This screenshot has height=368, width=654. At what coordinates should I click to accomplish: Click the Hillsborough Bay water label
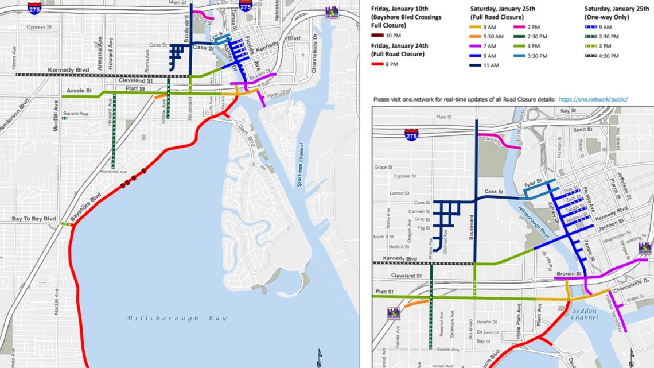click(177, 318)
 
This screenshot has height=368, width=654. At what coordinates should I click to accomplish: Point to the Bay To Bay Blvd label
click(34, 219)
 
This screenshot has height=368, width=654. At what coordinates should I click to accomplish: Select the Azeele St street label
click(79, 91)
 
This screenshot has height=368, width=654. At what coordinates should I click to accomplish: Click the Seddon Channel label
click(585, 314)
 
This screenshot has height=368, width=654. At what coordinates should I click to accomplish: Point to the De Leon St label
click(488, 332)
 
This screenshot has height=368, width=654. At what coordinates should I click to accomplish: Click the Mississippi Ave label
click(112, 172)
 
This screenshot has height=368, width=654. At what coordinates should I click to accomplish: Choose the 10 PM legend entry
click(393, 36)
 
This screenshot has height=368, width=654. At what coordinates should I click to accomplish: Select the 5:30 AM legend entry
click(493, 36)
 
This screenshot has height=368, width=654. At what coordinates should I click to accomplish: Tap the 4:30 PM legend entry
click(608, 56)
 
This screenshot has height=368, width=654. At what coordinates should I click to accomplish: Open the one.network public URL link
click(593, 99)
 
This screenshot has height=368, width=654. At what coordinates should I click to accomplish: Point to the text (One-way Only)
click(607, 17)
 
